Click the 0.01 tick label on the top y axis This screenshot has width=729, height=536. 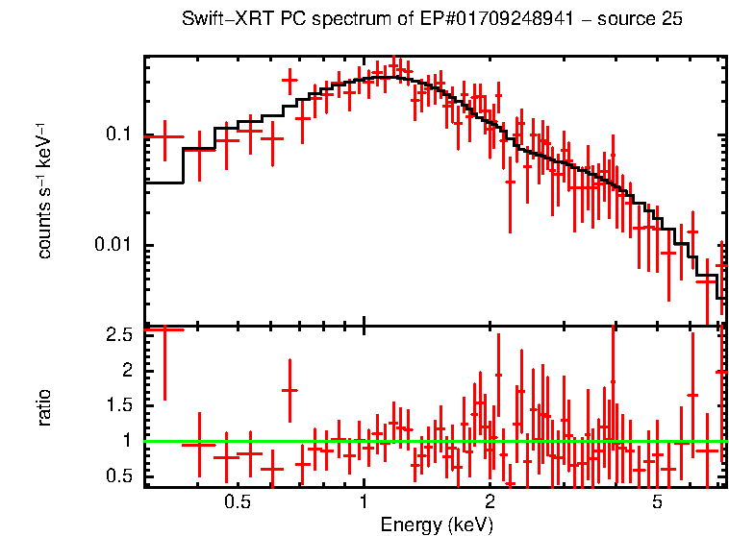tap(113, 245)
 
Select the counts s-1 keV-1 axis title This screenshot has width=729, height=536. tap(44, 191)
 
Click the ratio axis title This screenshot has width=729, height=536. tap(44, 407)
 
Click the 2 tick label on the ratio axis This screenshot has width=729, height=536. tap(125, 371)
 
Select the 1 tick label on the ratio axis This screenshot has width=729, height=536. tap(125, 441)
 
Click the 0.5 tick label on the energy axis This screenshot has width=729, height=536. tap(237, 501)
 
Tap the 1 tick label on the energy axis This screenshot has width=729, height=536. tap(364, 501)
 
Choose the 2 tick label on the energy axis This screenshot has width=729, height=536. tap(490, 501)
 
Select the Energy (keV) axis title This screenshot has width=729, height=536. tap(437, 524)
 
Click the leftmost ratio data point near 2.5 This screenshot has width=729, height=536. tap(163, 329)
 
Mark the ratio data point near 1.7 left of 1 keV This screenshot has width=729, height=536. tap(289, 390)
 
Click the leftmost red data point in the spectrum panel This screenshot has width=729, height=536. tap(163, 136)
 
